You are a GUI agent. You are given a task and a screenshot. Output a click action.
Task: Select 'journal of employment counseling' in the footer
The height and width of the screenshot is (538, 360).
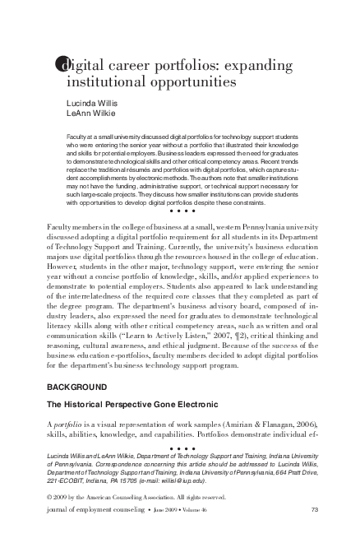(85, 511)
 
